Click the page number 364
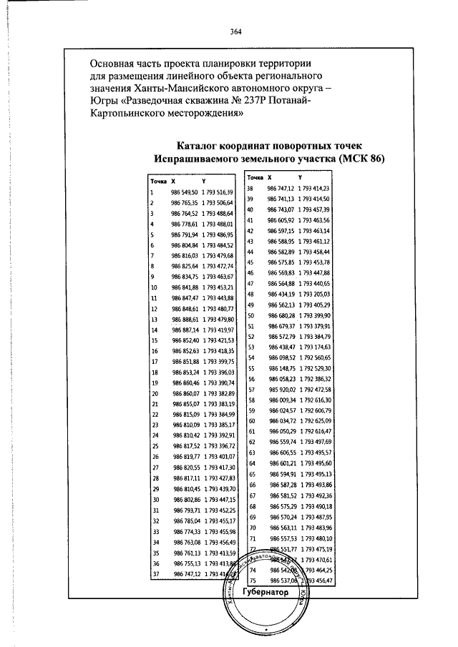click(236, 31)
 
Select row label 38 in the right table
click(250, 187)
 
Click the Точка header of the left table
click(158, 182)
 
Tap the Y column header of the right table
click(301, 177)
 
